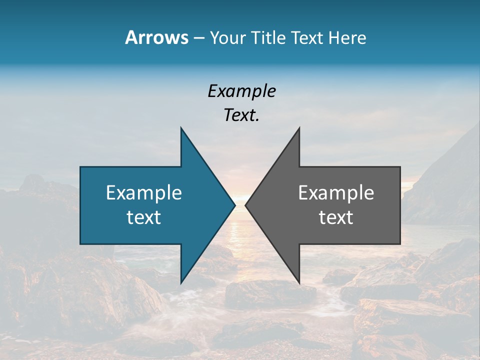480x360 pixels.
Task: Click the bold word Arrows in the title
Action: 156,37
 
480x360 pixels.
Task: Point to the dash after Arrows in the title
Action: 198,38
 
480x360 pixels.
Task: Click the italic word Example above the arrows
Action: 241,91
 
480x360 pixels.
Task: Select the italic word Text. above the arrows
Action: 241,115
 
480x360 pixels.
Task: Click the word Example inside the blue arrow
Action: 144,192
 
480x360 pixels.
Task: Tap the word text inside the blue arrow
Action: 144,217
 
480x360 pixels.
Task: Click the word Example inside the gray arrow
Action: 336,192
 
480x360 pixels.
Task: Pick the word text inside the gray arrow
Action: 336,217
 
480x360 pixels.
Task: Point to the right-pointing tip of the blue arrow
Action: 234,205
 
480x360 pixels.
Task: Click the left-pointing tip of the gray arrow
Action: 245,205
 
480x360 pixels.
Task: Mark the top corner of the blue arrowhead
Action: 181,128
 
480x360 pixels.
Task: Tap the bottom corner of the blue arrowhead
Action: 181,283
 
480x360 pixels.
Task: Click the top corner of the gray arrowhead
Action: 299,128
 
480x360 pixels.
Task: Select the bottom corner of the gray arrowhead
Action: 299,283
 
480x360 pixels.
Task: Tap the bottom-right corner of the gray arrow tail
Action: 399,243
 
